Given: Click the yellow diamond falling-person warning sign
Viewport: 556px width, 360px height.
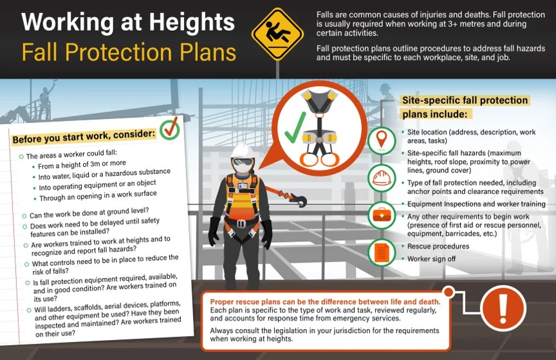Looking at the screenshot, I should pyautogui.click(x=277, y=34).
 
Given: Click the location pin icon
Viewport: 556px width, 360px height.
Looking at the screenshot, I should pyautogui.click(x=381, y=138).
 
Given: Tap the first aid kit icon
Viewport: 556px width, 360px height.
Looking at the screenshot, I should pyautogui.click(x=381, y=214).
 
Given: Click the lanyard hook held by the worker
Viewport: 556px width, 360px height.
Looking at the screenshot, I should pyautogui.click(x=297, y=199).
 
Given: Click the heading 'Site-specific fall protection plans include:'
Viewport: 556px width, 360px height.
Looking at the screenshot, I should pyautogui.click(x=463, y=107).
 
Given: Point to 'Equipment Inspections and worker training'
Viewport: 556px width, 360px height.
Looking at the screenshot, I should pyautogui.click(x=476, y=204).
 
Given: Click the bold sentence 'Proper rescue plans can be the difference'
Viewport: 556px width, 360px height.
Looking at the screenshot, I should pyautogui.click(x=321, y=302).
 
